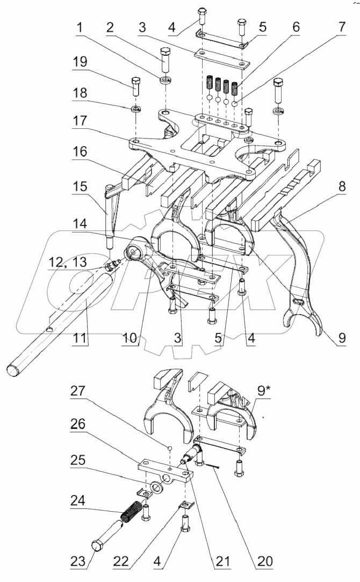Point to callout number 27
(78, 391)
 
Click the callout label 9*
(263, 391)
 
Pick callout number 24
(78, 501)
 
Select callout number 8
(341, 187)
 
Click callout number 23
(78, 562)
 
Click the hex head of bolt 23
(98, 547)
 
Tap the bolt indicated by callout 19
(136, 86)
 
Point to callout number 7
(341, 27)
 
